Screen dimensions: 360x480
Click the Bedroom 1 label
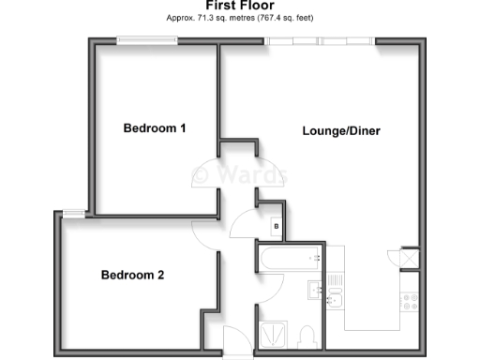point(156,128)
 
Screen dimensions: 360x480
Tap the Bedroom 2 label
point(133,275)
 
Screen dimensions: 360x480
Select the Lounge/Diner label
point(340,130)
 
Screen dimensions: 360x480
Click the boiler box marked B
point(276,226)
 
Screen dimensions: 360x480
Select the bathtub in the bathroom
point(290,258)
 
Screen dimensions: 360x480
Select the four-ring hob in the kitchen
point(410,302)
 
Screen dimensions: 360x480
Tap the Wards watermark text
point(239,175)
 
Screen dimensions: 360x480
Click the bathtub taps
point(316,257)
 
